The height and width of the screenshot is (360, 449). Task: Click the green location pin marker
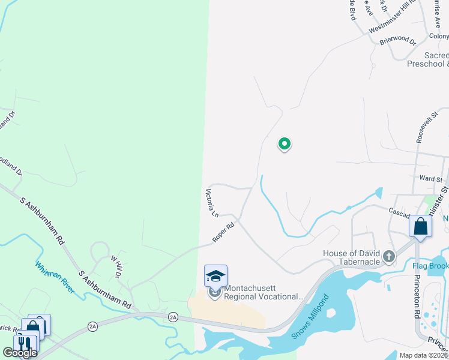coord(285,144)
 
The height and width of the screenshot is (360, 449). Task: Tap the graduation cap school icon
coord(215,276)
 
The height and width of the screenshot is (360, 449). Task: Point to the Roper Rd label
coord(223,233)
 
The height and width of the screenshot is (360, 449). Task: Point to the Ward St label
coord(430,179)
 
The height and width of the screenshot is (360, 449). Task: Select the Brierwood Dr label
coord(397,42)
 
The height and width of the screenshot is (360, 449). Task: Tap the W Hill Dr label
coord(115,266)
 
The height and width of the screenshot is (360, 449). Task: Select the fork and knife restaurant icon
coord(23,344)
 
